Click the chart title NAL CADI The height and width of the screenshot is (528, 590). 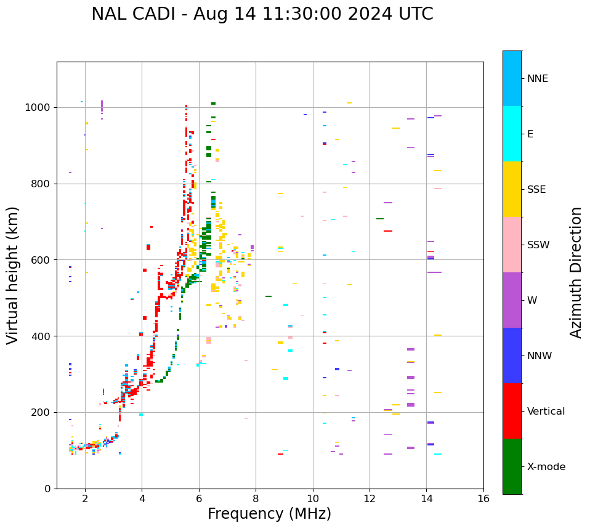pos(262,14)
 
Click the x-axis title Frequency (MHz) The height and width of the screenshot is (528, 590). pos(269,514)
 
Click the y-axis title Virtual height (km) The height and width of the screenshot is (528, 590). pos(13,275)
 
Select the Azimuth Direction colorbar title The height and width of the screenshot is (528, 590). pos(576,272)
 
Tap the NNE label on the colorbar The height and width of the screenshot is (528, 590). pos(537,79)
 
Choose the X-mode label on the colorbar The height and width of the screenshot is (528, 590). pos(546,467)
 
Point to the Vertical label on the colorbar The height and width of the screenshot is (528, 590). pos(546,412)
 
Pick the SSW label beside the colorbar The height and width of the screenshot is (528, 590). pos(538,245)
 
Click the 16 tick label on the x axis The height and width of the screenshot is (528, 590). pos(483,498)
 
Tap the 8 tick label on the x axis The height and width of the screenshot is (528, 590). pos(256,498)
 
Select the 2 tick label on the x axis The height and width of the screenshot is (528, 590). pos(85,498)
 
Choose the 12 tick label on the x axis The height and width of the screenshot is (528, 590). pos(370,498)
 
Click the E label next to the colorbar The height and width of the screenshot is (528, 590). pos(530,134)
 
